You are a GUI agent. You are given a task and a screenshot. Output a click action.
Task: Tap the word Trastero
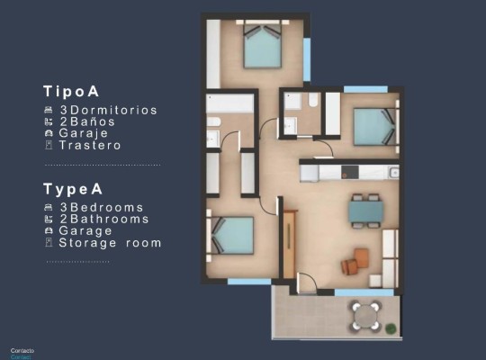coord(89,145)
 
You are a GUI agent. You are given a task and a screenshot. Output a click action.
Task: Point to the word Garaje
coord(85,133)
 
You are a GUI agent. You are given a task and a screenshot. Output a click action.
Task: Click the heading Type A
coord(73,189)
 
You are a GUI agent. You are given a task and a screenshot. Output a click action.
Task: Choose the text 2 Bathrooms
coord(103,219)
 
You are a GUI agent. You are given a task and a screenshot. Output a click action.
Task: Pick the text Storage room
coord(110,243)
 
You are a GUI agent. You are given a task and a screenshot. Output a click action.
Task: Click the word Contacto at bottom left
coord(22,349)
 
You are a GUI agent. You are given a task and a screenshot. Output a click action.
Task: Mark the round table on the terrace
coord(365,315)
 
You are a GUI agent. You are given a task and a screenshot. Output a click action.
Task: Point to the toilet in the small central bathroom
coord(312,103)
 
